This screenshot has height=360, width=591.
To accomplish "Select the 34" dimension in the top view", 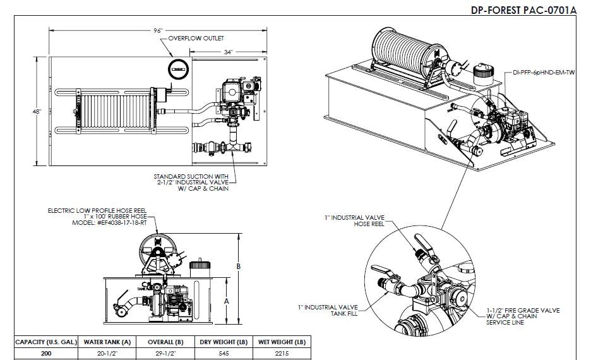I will tap(228, 52).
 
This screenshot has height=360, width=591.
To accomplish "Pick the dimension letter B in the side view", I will tap(239, 267).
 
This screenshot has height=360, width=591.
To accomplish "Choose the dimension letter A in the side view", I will tap(226, 301).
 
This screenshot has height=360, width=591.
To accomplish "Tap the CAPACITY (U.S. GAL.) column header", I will tap(46, 342).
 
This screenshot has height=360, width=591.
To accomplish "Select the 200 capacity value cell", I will tap(46, 354).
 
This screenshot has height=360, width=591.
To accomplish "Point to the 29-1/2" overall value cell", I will tap(165, 354).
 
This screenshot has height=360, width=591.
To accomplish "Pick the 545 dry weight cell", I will tap(224, 354).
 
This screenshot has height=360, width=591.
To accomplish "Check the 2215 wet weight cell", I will tap(282, 354).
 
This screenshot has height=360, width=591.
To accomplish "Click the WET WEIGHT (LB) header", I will tap(282, 342).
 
